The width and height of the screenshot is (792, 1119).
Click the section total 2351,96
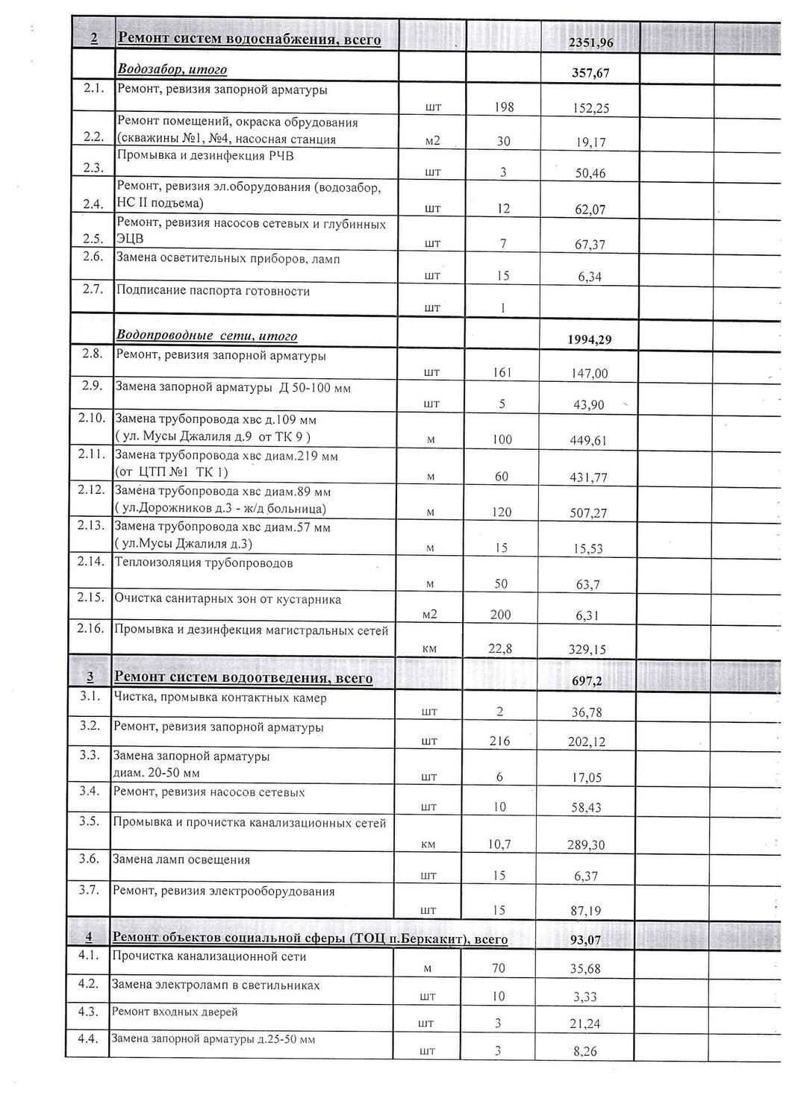tap(590, 43)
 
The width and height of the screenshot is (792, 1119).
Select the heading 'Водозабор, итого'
tap(172, 70)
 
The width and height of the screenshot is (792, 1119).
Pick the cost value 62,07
tap(590, 210)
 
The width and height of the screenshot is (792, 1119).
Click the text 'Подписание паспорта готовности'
tap(213, 291)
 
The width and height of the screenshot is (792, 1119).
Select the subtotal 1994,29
tap(590, 340)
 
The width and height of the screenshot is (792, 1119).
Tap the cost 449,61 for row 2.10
tap(588, 440)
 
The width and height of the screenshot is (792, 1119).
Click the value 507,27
tap(588, 513)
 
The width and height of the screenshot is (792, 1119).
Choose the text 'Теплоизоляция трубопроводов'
tap(203, 562)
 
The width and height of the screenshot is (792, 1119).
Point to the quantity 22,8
tap(500, 649)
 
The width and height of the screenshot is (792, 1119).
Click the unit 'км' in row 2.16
tap(429, 650)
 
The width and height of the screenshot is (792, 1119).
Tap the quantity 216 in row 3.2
tap(499, 741)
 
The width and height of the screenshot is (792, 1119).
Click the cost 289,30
tap(586, 845)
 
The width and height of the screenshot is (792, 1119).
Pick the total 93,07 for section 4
tap(585, 940)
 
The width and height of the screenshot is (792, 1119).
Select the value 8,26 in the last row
tap(585, 1052)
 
